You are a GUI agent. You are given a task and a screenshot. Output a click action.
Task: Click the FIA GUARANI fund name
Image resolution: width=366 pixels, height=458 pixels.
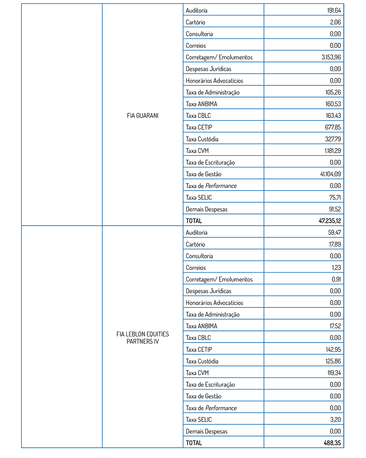click(x=143, y=115)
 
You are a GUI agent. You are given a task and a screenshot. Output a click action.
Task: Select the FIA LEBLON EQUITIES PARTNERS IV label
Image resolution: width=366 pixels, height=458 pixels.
click(x=143, y=338)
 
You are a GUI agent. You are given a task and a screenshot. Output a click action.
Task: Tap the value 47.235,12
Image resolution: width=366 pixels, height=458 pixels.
click(x=330, y=221)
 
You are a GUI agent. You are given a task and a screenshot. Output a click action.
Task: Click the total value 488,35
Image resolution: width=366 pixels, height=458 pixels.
click(x=332, y=443)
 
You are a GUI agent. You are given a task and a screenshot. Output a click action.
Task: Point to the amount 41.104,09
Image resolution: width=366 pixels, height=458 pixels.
click(x=330, y=174)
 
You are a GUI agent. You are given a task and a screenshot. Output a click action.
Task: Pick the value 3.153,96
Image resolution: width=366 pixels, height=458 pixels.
click(x=331, y=57)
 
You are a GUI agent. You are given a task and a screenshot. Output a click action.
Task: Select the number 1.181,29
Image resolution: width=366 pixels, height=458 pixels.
click(x=333, y=151)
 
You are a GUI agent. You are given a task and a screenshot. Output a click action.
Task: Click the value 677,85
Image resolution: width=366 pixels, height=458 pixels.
click(x=333, y=127)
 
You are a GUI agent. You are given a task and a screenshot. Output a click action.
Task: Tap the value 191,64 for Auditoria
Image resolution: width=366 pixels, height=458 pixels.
click(x=334, y=10)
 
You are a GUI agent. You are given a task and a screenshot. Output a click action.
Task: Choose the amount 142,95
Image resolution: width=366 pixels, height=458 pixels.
click(x=333, y=349)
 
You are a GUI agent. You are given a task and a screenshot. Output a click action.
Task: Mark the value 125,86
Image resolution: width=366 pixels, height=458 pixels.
click(x=333, y=361)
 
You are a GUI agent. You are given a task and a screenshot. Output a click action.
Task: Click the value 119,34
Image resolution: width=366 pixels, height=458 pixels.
click(x=334, y=373)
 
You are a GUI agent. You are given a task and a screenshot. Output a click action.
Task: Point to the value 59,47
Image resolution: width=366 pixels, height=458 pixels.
click(x=335, y=232)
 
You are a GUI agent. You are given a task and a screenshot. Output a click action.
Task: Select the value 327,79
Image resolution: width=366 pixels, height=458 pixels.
click(x=333, y=139)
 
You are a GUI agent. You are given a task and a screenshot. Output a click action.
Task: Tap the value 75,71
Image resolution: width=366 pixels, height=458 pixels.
click(x=335, y=197)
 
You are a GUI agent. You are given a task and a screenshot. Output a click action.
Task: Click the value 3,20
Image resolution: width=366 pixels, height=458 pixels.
click(x=335, y=420)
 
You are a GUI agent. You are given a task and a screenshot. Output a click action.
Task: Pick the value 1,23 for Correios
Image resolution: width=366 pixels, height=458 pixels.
click(x=336, y=267)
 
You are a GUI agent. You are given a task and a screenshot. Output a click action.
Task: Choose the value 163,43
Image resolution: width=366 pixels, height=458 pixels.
click(x=333, y=115)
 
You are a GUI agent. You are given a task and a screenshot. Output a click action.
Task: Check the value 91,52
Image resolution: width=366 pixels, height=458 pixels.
click(x=335, y=209)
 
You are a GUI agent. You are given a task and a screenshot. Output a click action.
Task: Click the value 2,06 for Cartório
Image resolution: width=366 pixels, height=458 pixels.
click(x=335, y=22)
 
